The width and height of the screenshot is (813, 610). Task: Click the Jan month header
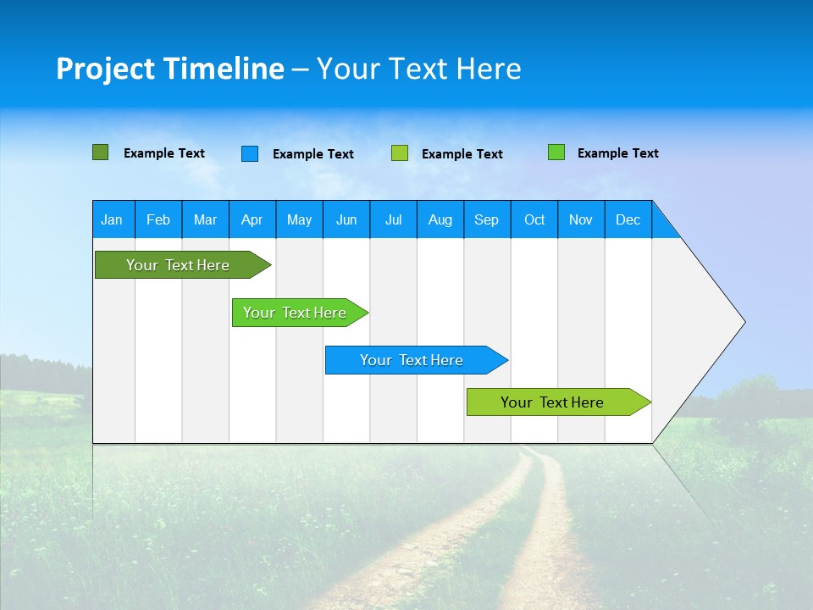pos(112,220)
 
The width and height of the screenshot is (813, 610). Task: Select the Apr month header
pos(252,220)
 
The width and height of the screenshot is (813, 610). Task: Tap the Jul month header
pos(393,220)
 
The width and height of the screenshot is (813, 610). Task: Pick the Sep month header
pos(486,220)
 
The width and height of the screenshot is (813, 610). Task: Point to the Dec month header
pos(628,220)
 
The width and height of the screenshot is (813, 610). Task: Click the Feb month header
pos(158,220)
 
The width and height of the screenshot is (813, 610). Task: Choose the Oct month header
pos(534,220)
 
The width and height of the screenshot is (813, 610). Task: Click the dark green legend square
pos(100,152)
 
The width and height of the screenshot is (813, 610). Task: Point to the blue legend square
pos(250,153)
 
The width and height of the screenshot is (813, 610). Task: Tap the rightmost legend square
pos(556,152)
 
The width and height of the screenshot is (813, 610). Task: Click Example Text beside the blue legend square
pos(312,154)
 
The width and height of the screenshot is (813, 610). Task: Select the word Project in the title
pos(104,69)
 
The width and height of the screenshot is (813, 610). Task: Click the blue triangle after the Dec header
pos(663,225)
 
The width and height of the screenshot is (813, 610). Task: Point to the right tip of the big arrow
pos(743,322)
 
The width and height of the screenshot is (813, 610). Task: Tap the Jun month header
pos(346,220)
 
